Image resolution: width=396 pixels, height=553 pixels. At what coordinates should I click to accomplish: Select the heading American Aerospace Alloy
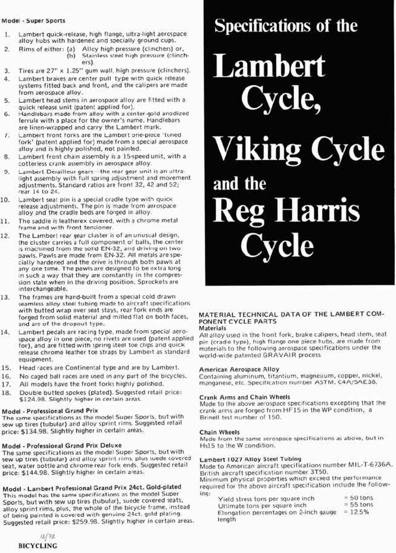232,370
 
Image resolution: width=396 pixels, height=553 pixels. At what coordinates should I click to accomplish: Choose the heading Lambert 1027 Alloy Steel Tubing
250,459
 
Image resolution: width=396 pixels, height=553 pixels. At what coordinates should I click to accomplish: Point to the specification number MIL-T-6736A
360,465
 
